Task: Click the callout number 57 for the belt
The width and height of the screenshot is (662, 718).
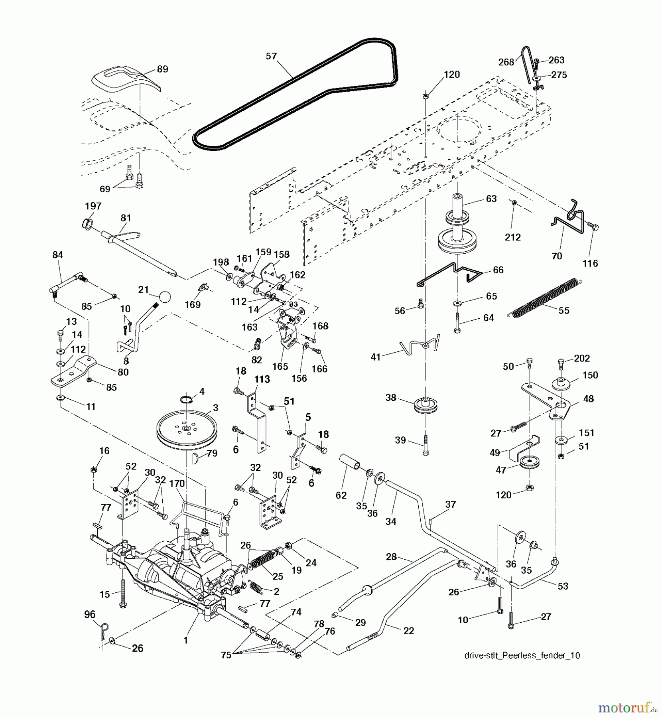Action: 271,57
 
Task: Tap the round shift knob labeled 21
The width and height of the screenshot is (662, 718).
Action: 165,297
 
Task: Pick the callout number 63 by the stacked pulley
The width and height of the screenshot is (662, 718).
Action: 491,199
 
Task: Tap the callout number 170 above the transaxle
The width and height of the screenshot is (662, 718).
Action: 177,483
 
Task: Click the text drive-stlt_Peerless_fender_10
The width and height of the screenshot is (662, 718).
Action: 522,655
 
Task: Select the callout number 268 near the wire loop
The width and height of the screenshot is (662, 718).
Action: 506,62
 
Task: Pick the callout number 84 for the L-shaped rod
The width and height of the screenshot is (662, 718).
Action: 57,254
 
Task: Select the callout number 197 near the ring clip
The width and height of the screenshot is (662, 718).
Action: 93,206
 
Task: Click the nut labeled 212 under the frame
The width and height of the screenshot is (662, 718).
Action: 514,203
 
